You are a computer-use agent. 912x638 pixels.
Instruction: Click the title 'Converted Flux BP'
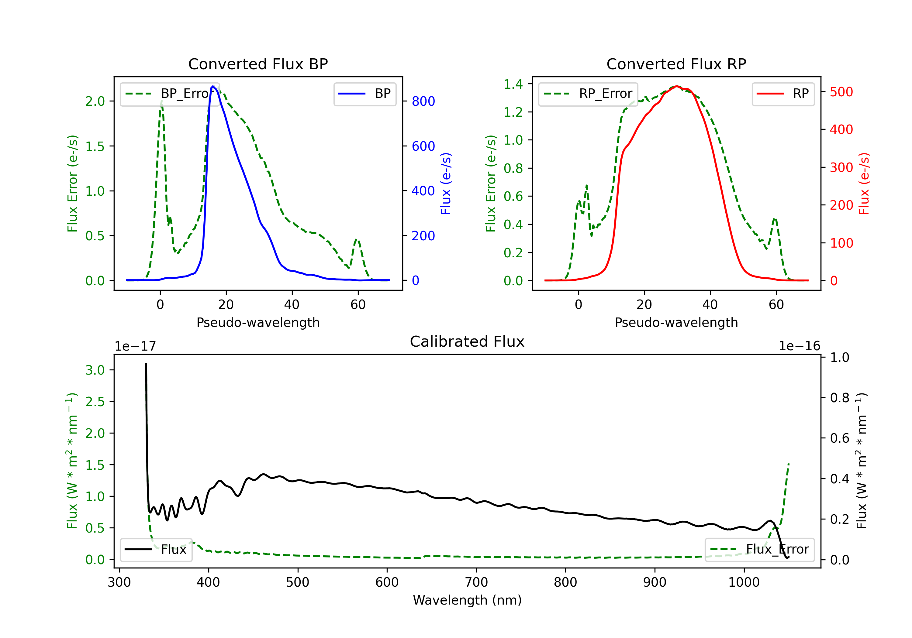click(258, 64)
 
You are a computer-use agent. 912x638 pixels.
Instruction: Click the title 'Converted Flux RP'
click(676, 64)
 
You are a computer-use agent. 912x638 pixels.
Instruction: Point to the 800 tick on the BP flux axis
click(423, 101)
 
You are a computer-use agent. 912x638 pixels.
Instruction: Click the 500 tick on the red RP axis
click(841, 92)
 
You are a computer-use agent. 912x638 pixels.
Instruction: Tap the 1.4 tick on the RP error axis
click(513, 84)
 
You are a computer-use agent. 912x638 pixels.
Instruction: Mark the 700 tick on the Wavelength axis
click(476, 582)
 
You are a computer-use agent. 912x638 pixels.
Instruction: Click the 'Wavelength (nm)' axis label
click(467, 600)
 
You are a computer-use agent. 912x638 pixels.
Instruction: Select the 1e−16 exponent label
click(799, 346)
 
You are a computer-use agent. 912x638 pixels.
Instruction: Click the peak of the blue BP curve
click(213, 86)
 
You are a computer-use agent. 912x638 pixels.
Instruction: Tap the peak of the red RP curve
click(677, 87)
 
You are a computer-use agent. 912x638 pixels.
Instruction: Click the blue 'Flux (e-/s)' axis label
click(446, 184)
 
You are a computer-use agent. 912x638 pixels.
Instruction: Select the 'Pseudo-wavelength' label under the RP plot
click(676, 322)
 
